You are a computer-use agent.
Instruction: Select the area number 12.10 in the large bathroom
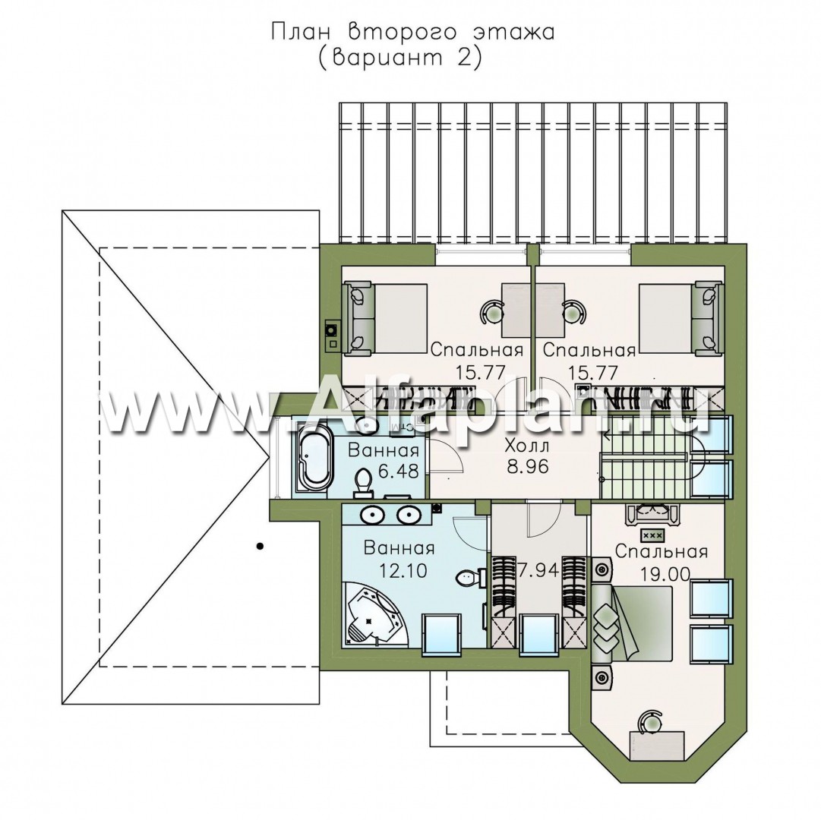(387, 570)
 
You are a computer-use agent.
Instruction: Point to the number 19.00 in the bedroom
(662, 575)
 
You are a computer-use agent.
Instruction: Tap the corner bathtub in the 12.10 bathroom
(371, 619)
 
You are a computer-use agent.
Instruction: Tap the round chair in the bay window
(650, 720)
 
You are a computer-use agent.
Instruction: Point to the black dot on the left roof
(260, 544)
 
